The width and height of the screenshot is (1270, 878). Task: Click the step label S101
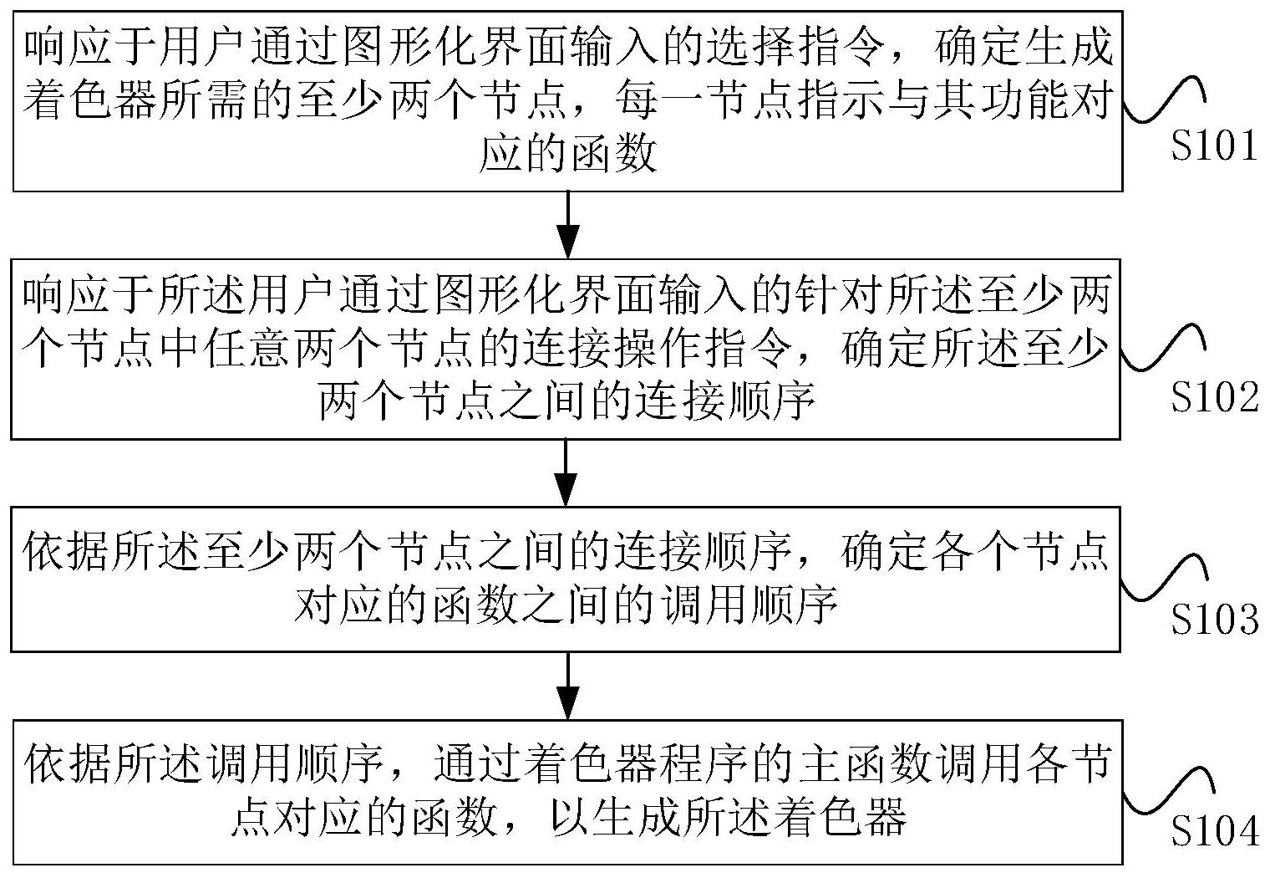pos(1213,147)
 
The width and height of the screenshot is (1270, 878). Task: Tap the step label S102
pos(1214,397)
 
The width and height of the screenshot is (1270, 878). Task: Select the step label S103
pos(1214,620)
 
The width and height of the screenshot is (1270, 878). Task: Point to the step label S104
pos(1214,831)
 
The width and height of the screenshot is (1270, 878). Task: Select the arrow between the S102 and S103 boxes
pos(567,472)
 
